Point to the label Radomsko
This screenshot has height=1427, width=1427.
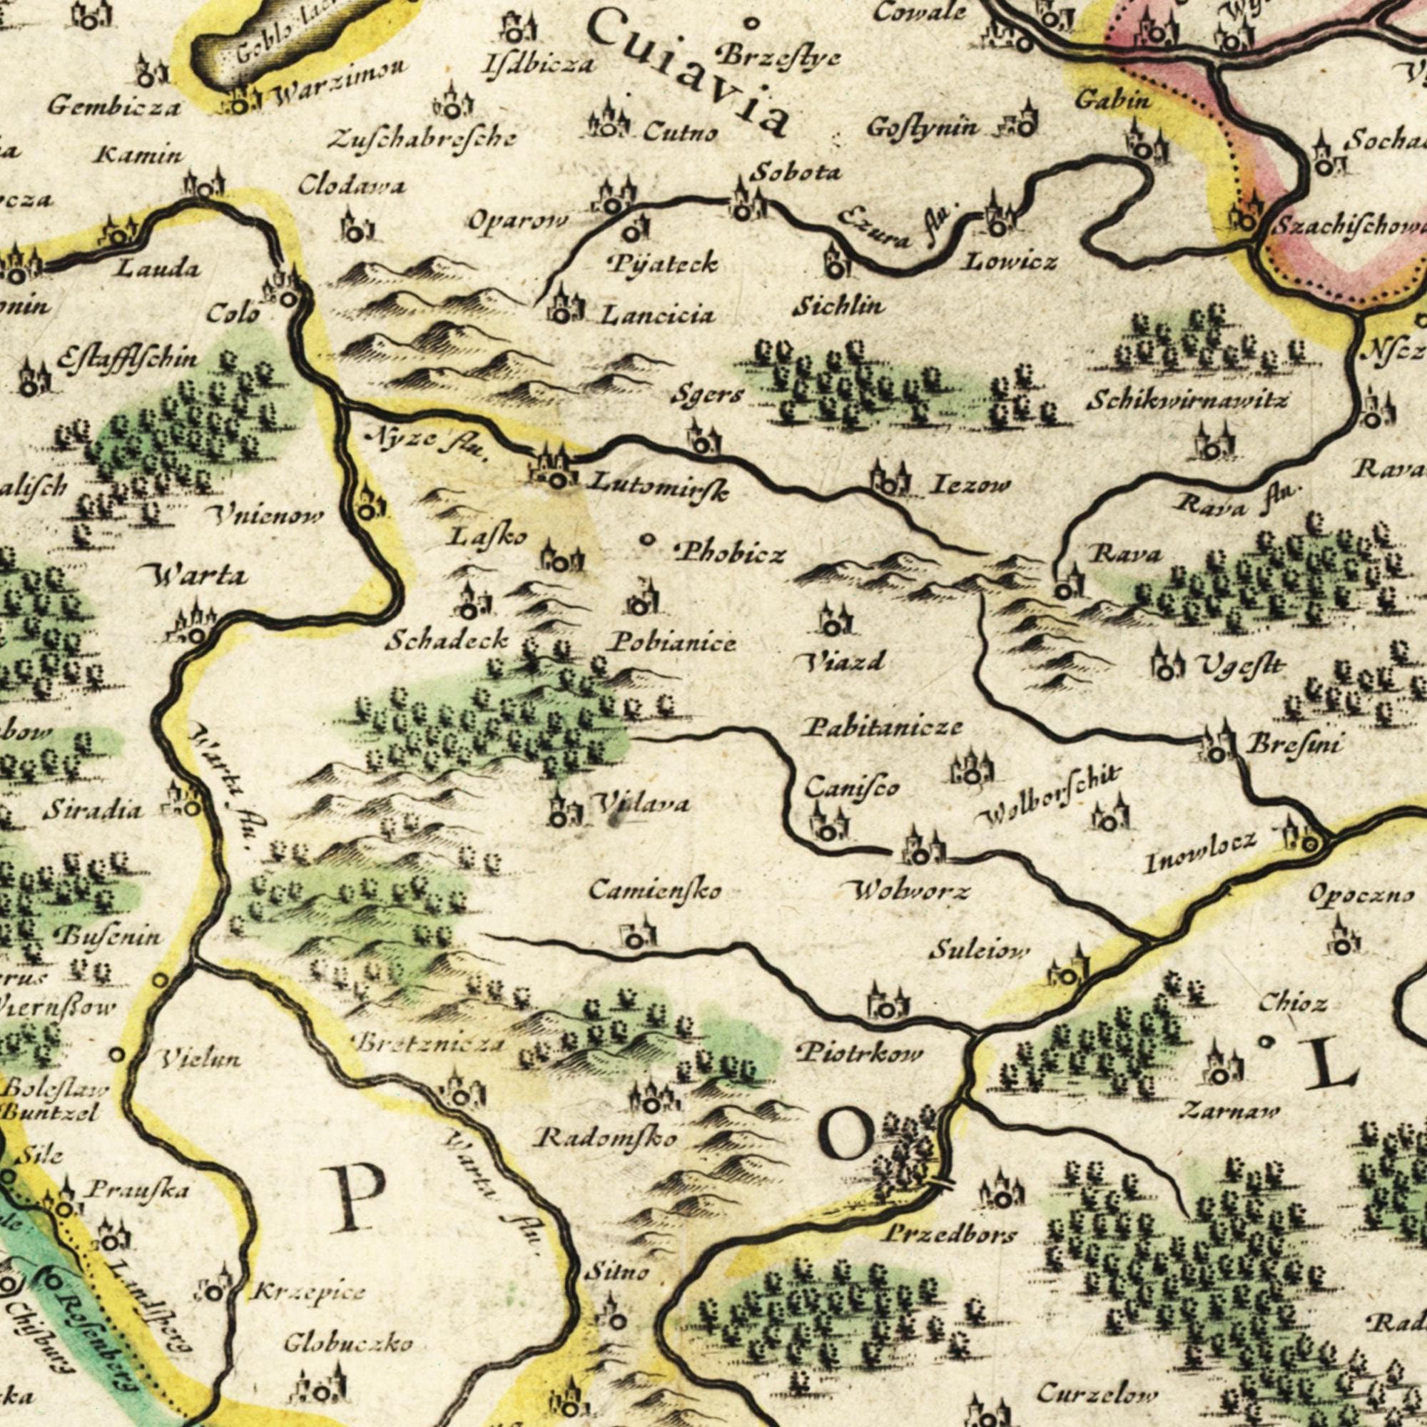(x=606, y=1138)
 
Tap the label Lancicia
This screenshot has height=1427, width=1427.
(x=657, y=316)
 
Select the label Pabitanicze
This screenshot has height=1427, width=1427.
(x=882, y=728)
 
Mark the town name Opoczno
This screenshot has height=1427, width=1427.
(x=1361, y=895)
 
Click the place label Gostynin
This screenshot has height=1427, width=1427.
(x=923, y=128)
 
